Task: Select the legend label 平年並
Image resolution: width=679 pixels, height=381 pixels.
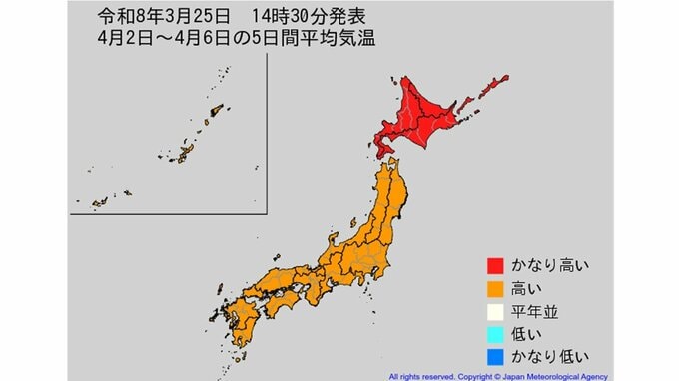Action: pos(536,311)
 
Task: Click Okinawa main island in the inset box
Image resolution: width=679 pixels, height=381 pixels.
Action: pos(184,152)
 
